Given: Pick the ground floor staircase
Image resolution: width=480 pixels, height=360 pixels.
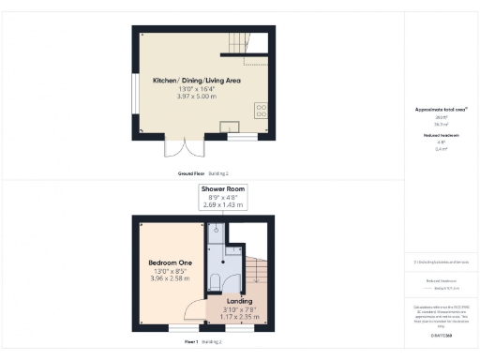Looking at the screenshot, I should click(x=246, y=42).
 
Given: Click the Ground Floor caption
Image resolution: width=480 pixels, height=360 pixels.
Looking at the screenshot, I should click(x=191, y=174).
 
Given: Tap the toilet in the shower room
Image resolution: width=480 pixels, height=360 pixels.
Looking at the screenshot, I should click(x=215, y=281).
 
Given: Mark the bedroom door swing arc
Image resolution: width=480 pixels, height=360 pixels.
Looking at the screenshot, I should click(x=192, y=311).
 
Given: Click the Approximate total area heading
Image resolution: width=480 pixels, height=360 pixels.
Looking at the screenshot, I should click(x=441, y=109).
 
